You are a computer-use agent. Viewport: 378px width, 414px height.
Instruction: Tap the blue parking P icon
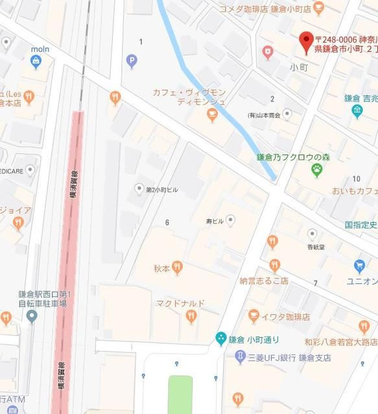tap(132, 61)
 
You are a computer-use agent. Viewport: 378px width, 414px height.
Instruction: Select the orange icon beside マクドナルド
tap(191, 316)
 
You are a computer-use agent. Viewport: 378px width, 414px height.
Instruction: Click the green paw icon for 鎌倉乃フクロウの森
tap(317, 170)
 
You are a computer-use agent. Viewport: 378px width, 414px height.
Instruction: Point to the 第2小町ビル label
tap(161, 190)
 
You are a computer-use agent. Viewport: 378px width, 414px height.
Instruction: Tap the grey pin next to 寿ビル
tap(230, 221)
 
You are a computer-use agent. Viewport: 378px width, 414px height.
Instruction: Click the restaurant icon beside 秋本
tap(177, 267)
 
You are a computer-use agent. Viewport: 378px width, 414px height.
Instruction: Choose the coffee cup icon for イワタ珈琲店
tap(254, 316)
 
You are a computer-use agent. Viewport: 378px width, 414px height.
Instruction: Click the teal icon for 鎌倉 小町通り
tap(220, 338)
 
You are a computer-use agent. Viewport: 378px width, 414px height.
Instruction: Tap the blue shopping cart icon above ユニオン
tap(359, 266)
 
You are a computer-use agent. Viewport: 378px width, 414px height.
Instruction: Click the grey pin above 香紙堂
tap(312, 234)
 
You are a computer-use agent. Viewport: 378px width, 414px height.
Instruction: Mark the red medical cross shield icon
tap(267, 52)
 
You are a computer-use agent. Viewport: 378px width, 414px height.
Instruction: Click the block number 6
tap(167, 223)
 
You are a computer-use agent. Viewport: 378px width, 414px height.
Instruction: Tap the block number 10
tap(356, 179)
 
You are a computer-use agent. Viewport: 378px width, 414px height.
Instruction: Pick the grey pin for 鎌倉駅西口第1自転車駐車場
tap(32, 316)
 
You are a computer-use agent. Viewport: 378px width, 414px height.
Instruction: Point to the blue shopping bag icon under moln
tap(37, 62)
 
